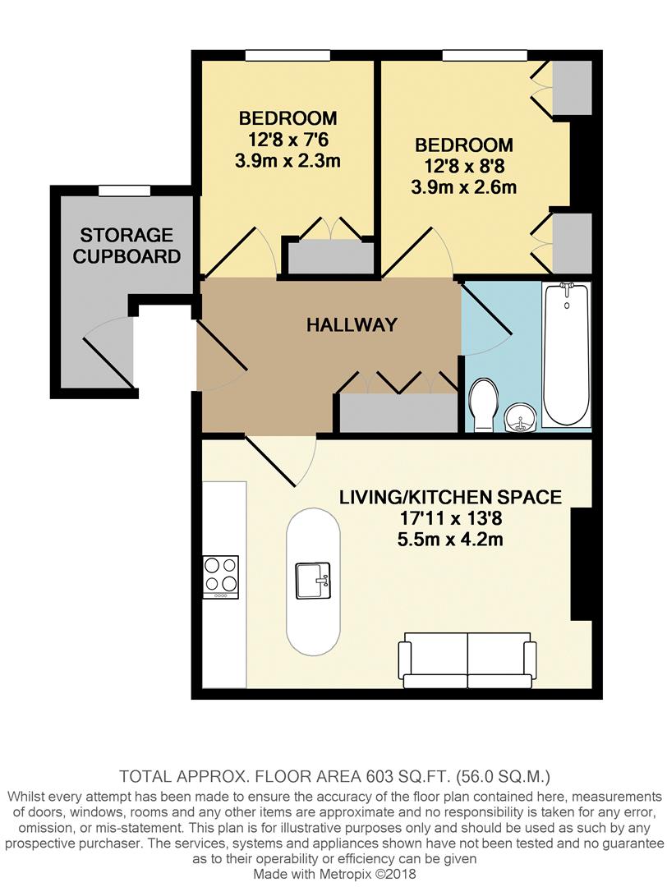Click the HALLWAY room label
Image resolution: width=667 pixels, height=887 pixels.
(352, 324)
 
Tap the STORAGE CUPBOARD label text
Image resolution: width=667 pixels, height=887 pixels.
(126, 246)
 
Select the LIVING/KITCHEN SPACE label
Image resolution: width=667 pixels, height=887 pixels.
(451, 497)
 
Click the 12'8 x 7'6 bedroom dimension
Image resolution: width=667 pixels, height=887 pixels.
(287, 139)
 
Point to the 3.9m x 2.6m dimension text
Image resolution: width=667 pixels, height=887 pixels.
(463, 187)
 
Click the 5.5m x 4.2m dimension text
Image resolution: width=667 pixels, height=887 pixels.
(450, 540)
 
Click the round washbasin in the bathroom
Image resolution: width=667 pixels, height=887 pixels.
(518, 417)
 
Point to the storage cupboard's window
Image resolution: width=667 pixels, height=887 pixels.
(125, 191)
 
